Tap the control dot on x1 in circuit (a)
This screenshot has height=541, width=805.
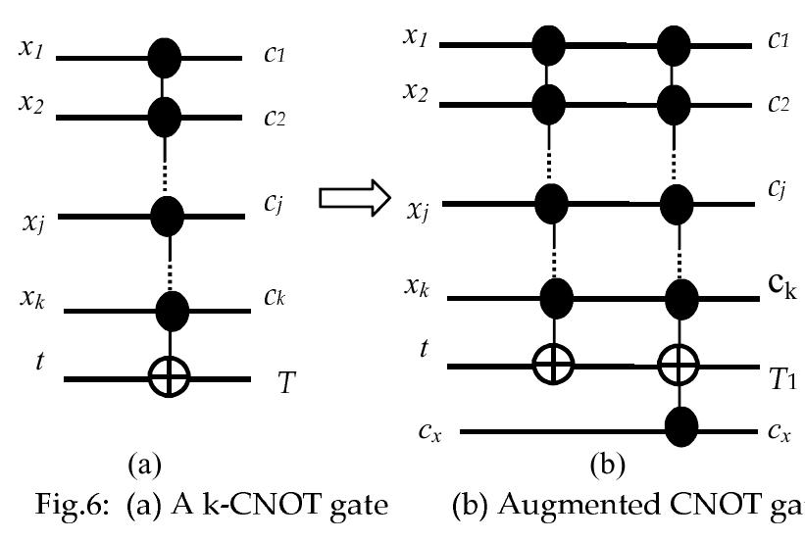pyautogui.click(x=164, y=57)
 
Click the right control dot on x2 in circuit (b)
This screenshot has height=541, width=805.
pyautogui.click(x=672, y=100)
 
